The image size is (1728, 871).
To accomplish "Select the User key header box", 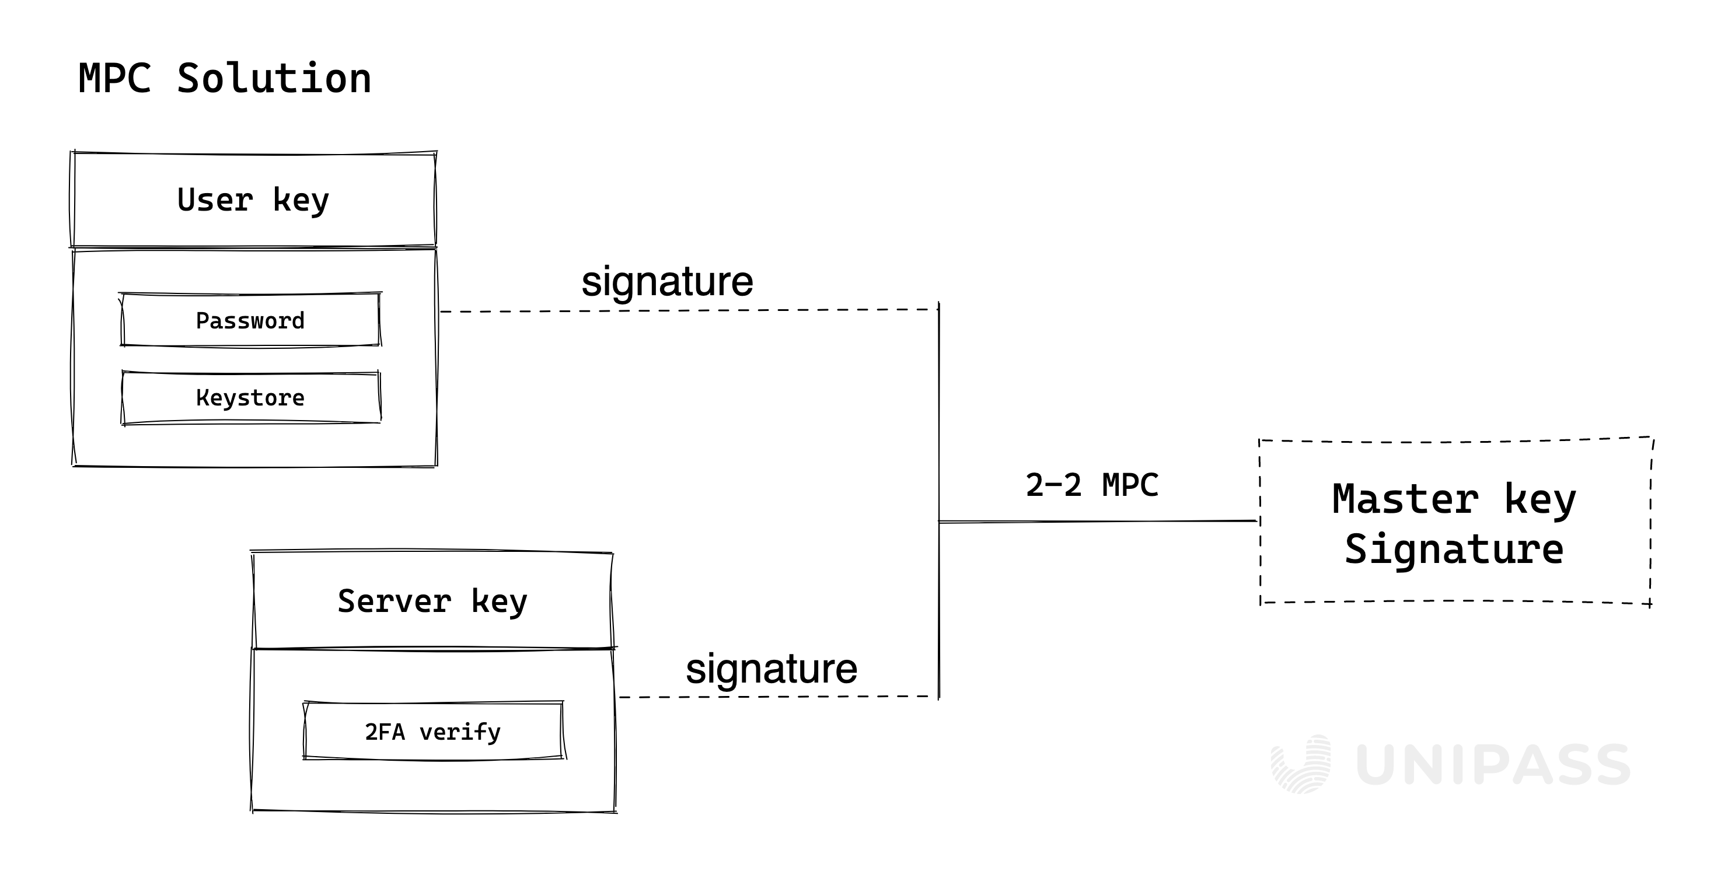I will coord(253,200).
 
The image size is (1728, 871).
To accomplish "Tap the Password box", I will coord(250,320).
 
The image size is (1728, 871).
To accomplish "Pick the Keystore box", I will coord(250,398).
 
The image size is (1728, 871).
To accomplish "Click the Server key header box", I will coord(432,601).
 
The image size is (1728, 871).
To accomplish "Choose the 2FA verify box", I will coord(432,732).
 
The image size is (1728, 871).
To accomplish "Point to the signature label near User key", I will coord(667,282).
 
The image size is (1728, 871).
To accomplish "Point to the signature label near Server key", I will coord(772,669).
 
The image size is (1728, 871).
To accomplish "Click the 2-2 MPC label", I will coord(1091,485).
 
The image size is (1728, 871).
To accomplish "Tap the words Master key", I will coord(1454,499).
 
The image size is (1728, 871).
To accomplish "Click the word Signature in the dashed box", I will coord(1454,550).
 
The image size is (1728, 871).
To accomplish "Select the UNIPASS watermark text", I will coord(1493,765).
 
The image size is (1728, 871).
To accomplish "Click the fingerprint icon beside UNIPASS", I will coord(1301,764).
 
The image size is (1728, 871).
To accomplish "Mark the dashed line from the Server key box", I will coord(778,697).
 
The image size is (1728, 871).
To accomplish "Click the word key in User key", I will coord(301,200).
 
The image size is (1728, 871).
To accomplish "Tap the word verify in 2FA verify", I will coord(460,732).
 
